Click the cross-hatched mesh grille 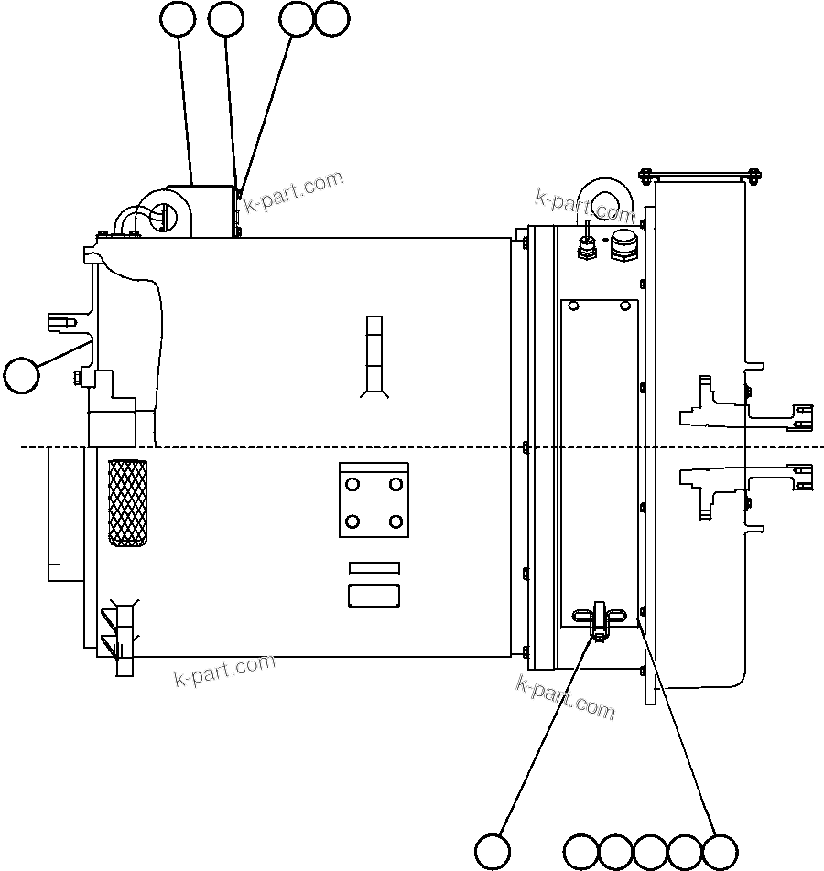pos(127,502)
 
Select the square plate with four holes pos(374,500)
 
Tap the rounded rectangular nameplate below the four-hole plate pos(374,596)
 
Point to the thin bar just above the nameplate pos(374,568)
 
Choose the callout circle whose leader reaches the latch pos(493,851)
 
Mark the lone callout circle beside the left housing pos(21,375)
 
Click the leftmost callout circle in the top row pos(177,18)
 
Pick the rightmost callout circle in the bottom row pos(720,852)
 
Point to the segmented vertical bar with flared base pos(373,356)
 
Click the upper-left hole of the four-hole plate pos(352,483)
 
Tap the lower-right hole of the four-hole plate pos(396,522)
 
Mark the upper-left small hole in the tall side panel pos(574,305)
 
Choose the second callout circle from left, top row pos(226,18)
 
